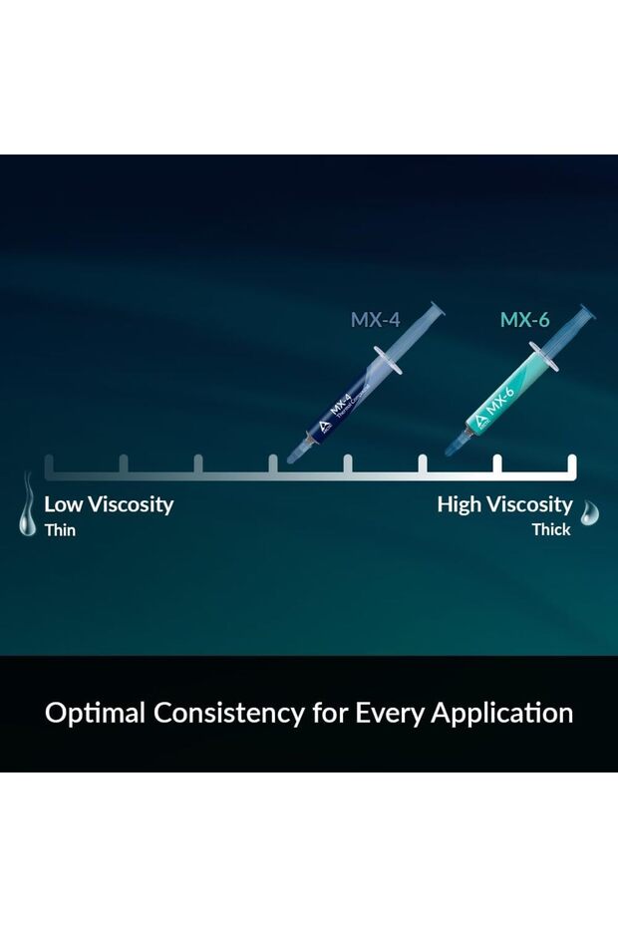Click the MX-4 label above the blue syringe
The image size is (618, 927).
(x=375, y=320)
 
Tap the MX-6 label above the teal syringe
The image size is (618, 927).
(x=524, y=320)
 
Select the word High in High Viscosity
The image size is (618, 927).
(x=459, y=504)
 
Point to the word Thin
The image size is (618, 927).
(x=61, y=529)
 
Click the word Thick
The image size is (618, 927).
(x=551, y=529)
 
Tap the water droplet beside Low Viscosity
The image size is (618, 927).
(x=27, y=504)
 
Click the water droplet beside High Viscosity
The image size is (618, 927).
(x=589, y=512)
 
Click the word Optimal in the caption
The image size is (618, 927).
(x=96, y=713)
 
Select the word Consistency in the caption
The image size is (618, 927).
(x=229, y=713)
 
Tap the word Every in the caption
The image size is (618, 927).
(x=389, y=713)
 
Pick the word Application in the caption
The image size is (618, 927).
(x=502, y=713)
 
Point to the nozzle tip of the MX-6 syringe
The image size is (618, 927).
(x=449, y=453)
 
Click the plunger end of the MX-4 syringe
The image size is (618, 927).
(x=437, y=309)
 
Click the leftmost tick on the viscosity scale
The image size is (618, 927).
(x=49, y=464)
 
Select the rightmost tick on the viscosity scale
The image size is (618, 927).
(x=572, y=464)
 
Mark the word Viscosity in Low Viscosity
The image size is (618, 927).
(x=131, y=504)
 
